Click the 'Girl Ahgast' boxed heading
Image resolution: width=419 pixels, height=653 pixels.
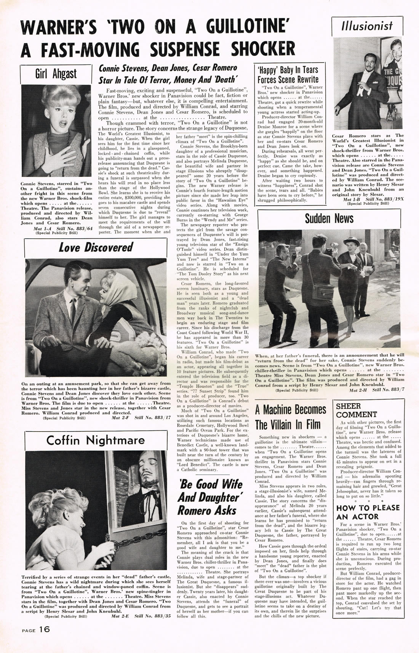click(x=56, y=74)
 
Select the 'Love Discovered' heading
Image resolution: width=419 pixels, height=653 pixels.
click(x=96, y=247)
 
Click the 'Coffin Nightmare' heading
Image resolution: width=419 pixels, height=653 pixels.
click(x=96, y=440)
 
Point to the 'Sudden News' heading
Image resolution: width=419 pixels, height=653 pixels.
click(x=329, y=218)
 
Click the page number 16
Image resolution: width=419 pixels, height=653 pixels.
click(x=44, y=629)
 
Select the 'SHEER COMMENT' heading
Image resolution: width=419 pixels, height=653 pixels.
click(x=356, y=410)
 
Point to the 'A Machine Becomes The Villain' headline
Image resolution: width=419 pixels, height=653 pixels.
click(x=291, y=417)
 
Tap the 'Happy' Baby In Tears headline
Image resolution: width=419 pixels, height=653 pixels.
click(x=288, y=75)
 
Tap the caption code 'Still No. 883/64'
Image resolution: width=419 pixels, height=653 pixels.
click(x=74, y=228)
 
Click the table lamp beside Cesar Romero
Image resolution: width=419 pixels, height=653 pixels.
click(x=393, y=99)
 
